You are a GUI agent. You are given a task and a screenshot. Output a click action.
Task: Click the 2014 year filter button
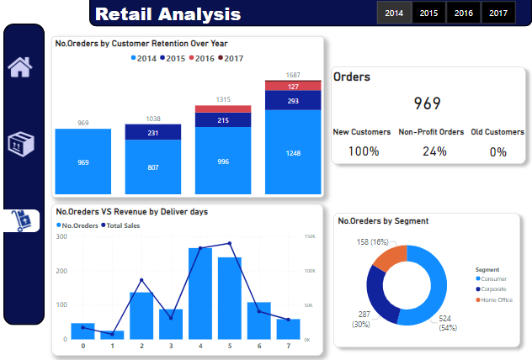tap(394, 13)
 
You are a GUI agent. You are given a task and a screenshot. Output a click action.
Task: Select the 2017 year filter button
tap(498, 13)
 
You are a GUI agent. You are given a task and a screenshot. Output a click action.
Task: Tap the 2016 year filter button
tap(464, 13)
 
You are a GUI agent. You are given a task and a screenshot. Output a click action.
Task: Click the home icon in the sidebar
tap(20, 67)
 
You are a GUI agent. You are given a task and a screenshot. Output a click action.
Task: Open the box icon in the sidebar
tap(20, 144)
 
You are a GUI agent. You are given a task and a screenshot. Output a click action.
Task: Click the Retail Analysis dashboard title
tap(168, 14)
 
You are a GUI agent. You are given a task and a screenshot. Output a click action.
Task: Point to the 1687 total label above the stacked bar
tap(293, 74)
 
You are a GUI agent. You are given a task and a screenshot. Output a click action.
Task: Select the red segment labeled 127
tap(293, 86)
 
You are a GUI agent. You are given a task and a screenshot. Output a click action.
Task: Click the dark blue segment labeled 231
tap(152, 132)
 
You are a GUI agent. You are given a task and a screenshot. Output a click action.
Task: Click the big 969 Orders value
tap(428, 103)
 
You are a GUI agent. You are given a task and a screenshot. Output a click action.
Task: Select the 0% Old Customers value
tap(497, 151)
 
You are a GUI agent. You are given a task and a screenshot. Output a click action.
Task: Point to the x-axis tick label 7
tap(288, 346)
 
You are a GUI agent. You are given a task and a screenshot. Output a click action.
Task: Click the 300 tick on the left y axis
tap(61, 237)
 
